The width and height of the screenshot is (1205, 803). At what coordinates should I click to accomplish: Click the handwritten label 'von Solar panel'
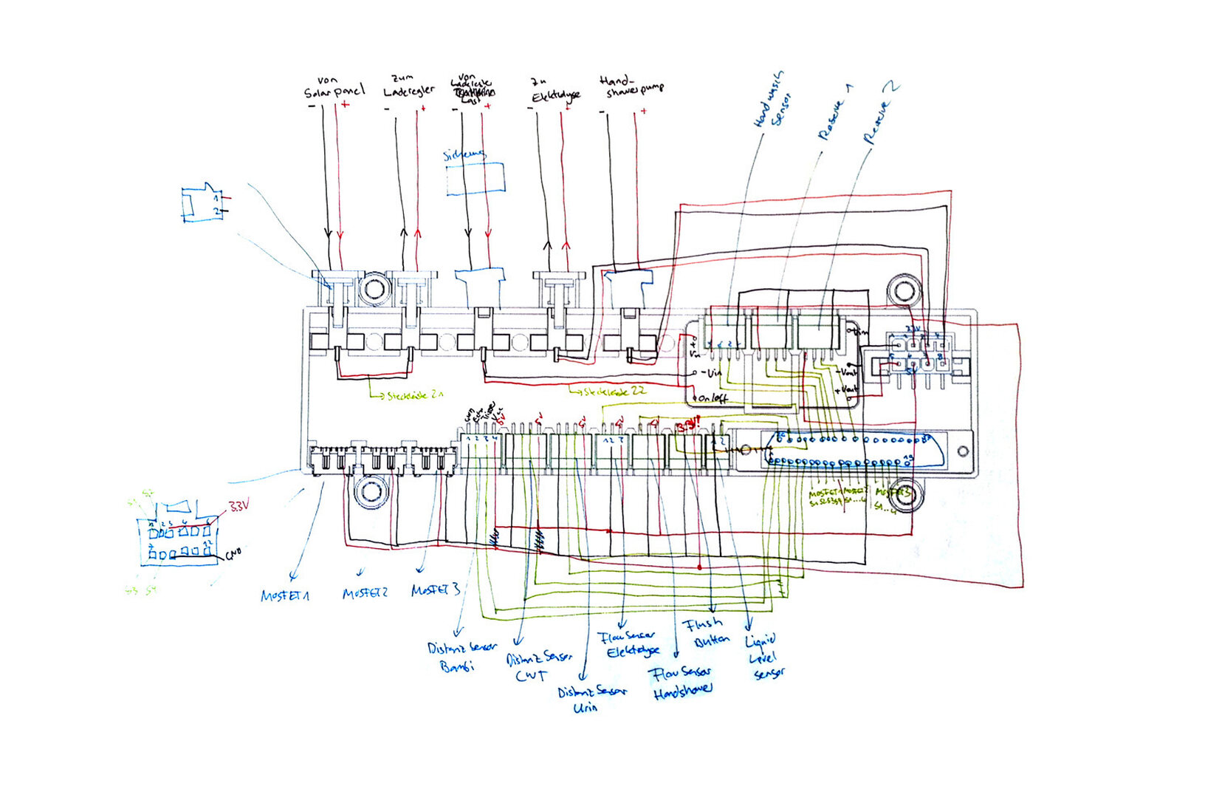pos(334,88)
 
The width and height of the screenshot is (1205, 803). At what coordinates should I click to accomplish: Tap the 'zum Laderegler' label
pos(408,86)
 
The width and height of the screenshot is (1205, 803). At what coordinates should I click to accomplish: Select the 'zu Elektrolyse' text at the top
pos(555,89)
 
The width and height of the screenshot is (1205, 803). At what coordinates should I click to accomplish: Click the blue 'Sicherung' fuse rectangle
pos(476,179)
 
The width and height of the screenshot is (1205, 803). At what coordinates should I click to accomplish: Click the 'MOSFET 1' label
pos(285,595)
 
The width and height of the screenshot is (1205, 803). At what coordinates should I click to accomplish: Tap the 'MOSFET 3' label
pos(436,590)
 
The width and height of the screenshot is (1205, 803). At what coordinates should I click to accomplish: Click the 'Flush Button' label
pos(707,632)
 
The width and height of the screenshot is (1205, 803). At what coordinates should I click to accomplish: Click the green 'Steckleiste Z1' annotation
pos(414,396)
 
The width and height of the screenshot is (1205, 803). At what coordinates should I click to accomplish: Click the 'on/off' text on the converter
pos(713,398)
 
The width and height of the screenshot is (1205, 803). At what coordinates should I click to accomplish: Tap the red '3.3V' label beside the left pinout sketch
pos(238,507)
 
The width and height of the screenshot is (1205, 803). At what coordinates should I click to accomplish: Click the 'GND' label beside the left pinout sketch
pos(233,552)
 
